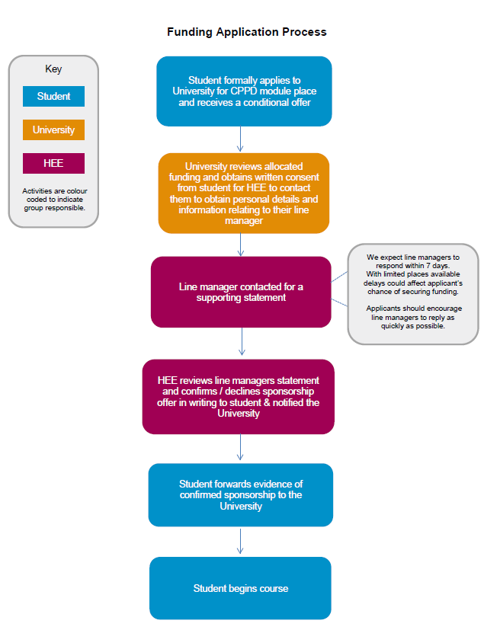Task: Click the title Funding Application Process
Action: point(247,32)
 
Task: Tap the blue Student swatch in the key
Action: point(53,97)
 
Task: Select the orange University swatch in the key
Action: point(53,130)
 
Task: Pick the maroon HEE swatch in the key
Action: point(53,163)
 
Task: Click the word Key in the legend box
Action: point(53,69)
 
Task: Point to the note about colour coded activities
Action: point(54,200)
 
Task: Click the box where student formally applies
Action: point(244,91)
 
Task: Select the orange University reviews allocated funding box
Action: point(244,193)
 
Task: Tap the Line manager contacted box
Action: point(241,292)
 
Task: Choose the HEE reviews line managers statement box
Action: point(239,397)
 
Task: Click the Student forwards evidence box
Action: point(241,495)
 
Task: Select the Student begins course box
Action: point(240,588)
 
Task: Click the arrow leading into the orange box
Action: point(240,139)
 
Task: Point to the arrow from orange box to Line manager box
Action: point(241,245)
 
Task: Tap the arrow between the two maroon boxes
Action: point(242,341)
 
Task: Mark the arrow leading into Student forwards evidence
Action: point(240,447)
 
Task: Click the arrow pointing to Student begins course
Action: point(240,541)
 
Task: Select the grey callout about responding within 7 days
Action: point(413,294)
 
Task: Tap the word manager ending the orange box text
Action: point(244,221)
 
